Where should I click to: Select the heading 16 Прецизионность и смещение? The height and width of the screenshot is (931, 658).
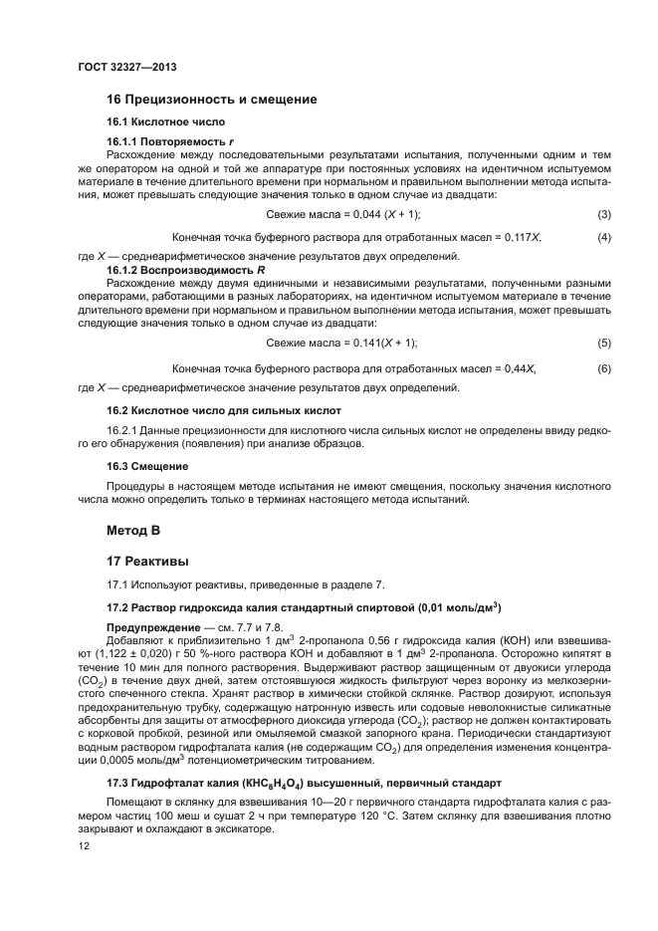point(211,100)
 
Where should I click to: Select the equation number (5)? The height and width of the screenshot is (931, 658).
point(603,343)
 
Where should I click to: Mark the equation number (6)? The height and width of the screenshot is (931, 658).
point(603,368)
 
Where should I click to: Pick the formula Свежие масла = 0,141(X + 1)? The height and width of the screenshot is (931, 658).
point(343,343)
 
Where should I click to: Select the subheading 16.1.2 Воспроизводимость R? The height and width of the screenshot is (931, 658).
point(186,270)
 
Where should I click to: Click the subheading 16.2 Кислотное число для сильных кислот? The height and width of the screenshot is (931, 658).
point(224,409)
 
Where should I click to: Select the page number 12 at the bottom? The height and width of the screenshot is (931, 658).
point(84,847)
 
